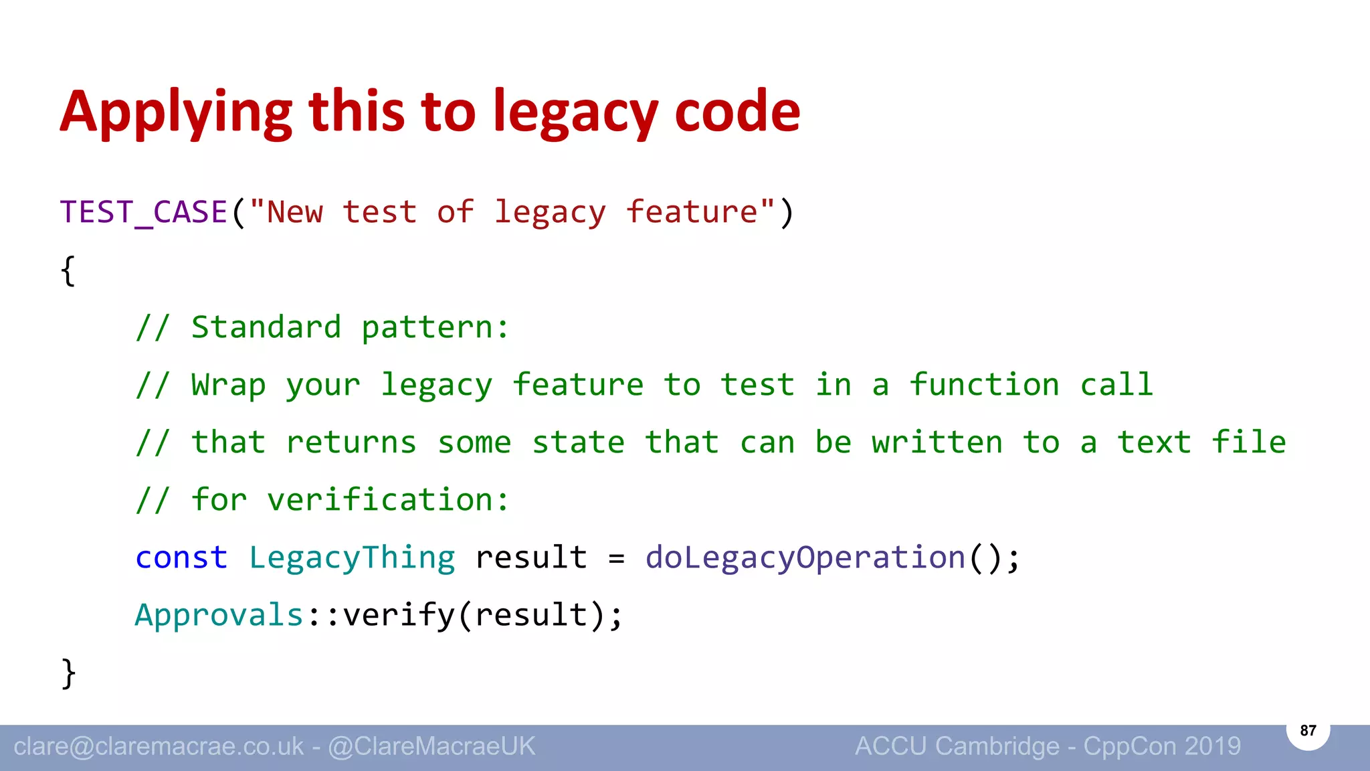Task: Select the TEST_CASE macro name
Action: [x=144, y=213]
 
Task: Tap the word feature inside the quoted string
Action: [x=691, y=213]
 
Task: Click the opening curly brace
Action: [x=68, y=271]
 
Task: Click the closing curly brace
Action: [x=68, y=673]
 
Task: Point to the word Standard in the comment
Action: [x=266, y=328]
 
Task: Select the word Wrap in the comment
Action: [x=228, y=385]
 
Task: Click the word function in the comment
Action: [x=984, y=385]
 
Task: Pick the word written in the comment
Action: [x=937, y=443]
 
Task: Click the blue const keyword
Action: [x=181, y=558]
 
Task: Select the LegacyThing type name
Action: [x=352, y=558]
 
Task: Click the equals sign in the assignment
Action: [x=616, y=558]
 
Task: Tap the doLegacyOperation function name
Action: [x=805, y=558]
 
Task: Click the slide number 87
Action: [x=1308, y=730]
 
